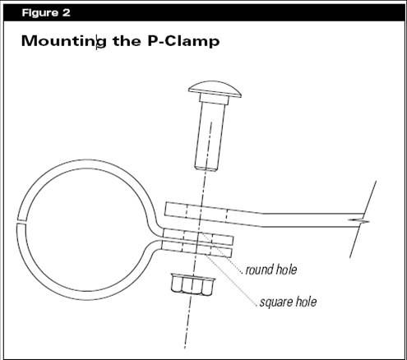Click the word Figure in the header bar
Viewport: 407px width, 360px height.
pos(40,13)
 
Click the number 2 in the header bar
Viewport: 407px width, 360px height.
pos(66,13)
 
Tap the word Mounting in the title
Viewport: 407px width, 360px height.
pos(64,42)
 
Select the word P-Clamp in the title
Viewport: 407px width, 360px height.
pos(183,41)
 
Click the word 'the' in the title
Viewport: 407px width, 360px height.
pos(127,41)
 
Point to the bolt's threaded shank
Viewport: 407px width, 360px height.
pos(210,136)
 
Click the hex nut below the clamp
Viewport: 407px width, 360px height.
pos(192,284)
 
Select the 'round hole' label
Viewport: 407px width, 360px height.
pos(271,270)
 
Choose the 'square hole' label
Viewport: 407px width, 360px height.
pos(288,302)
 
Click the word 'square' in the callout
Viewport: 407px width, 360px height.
pos(273,302)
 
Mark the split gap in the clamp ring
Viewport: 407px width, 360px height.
pos(21,221)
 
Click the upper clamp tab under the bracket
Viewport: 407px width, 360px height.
pos(198,238)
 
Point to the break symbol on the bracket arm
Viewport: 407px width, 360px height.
pos(358,220)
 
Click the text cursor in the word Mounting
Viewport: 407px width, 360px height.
pos(96,42)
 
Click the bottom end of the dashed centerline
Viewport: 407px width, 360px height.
pos(186,348)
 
